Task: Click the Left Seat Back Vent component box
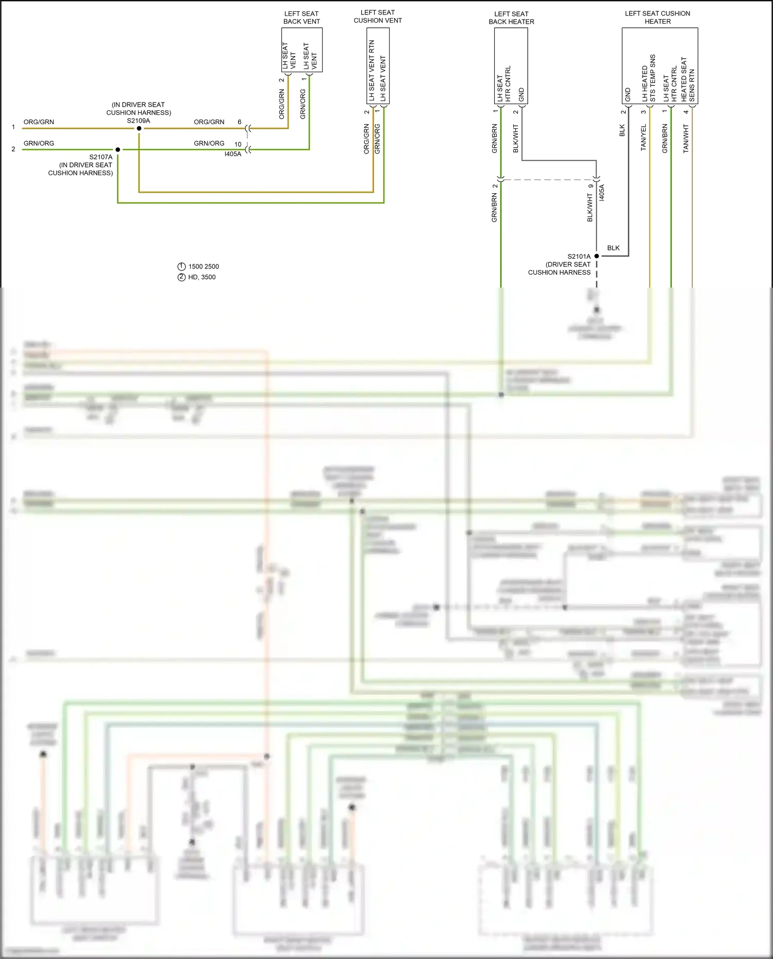click(x=301, y=50)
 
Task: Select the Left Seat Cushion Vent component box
click(x=378, y=65)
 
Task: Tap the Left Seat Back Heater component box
click(x=511, y=65)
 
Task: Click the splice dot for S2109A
click(x=139, y=128)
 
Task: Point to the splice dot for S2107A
click(x=118, y=149)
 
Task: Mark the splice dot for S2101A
click(x=597, y=256)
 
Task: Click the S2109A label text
click(x=139, y=121)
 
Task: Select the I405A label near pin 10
click(x=232, y=154)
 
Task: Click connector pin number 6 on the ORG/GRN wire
click(x=240, y=122)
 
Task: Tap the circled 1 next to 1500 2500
click(x=181, y=266)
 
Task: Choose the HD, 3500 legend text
click(x=202, y=277)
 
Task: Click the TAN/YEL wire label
click(x=643, y=138)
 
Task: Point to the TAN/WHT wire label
click(x=685, y=138)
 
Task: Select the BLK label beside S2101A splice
click(x=613, y=248)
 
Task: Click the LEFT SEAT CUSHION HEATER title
click(x=658, y=18)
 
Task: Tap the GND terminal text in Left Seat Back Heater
click(x=522, y=95)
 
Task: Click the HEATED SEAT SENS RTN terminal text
click(x=688, y=79)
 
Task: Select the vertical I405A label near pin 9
click(x=602, y=193)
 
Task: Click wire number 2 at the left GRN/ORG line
click(x=13, y=149)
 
